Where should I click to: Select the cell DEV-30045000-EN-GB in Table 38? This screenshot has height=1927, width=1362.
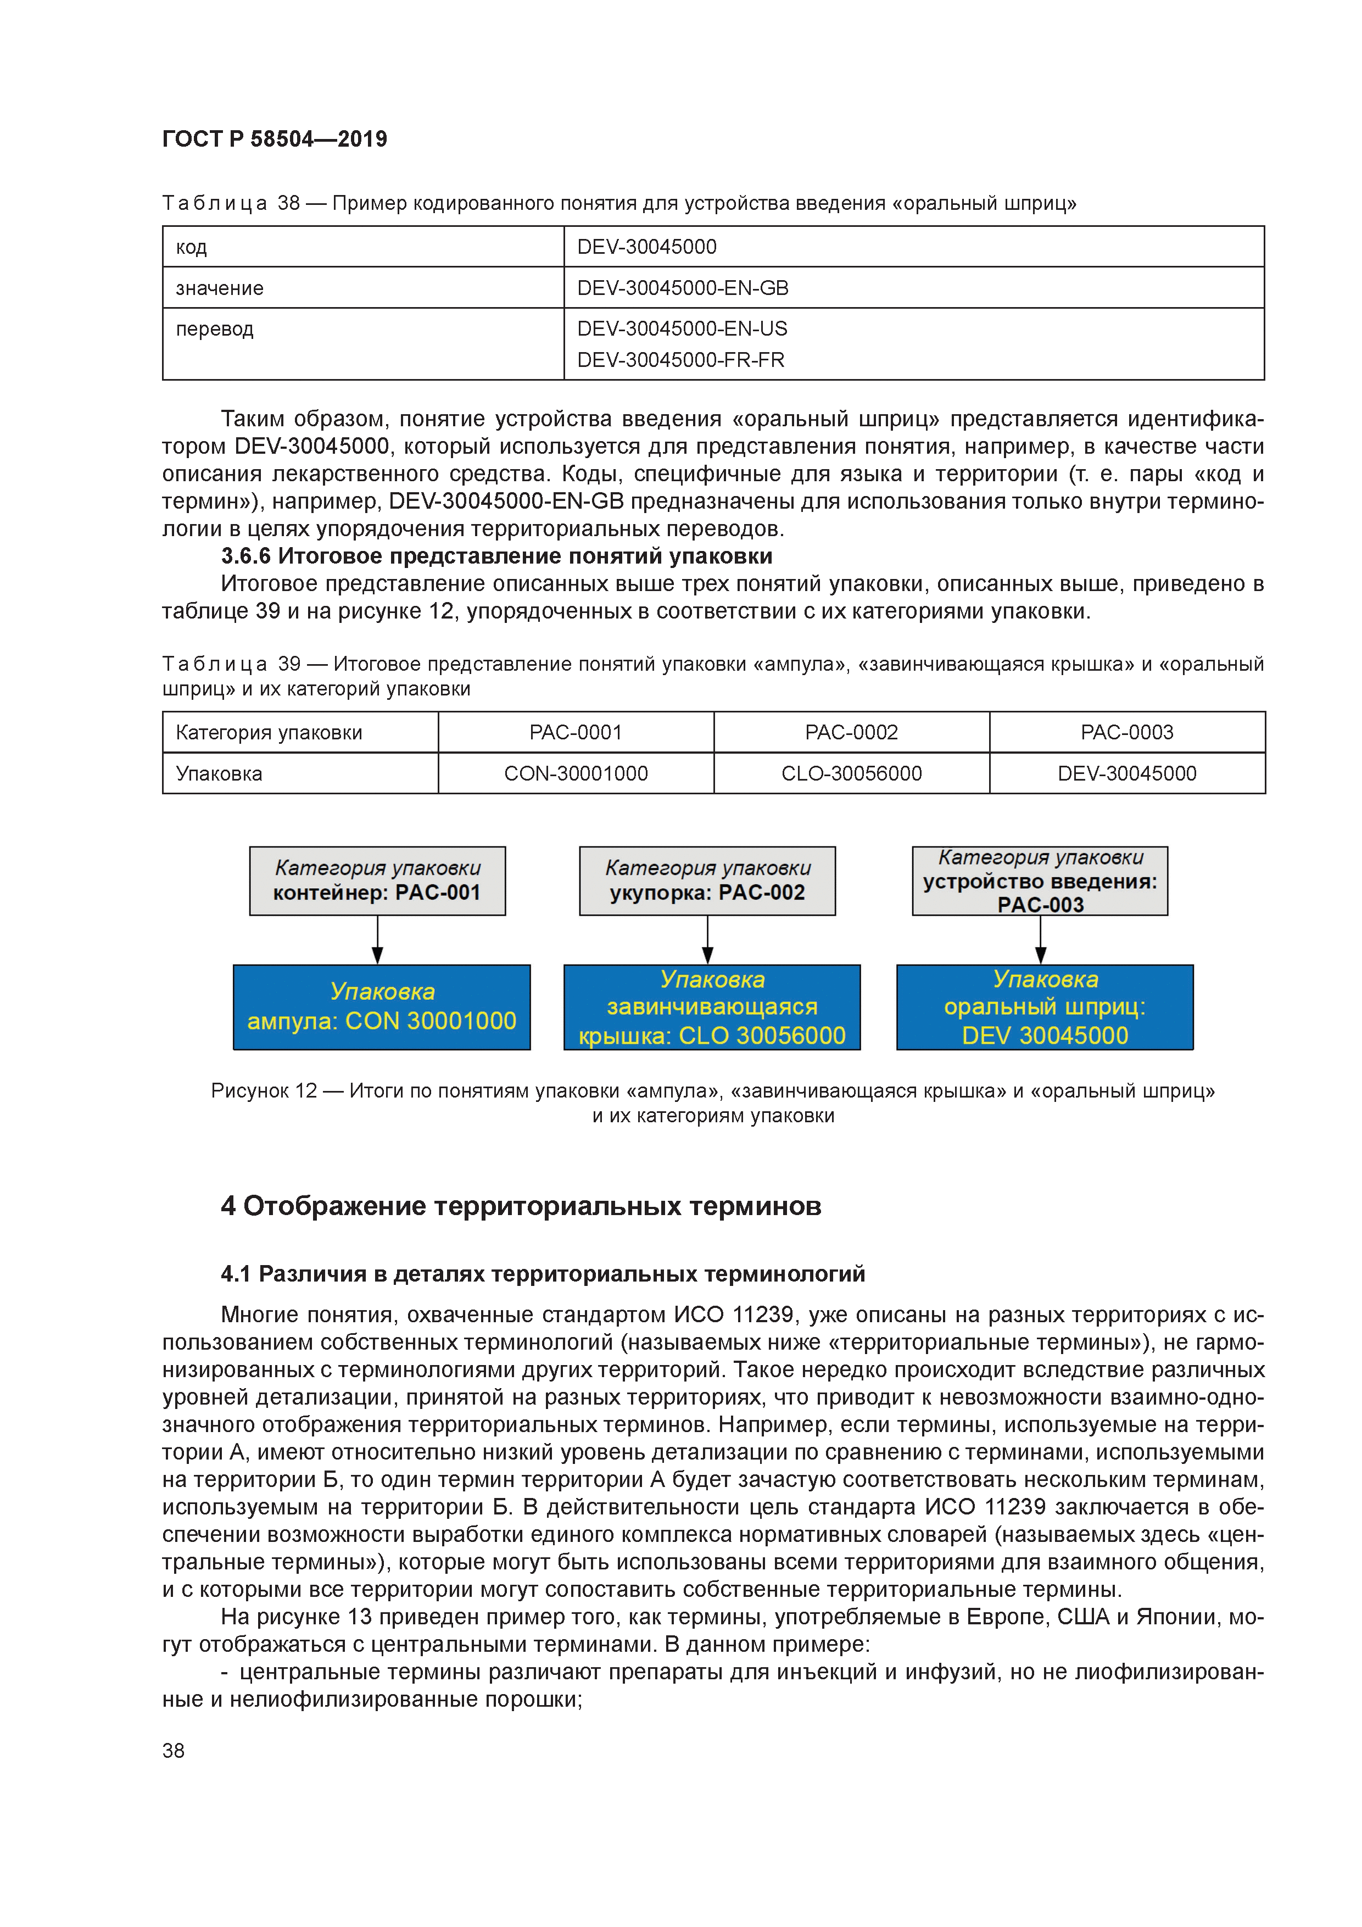[682, 288]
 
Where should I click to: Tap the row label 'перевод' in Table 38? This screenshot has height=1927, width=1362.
[214, 329]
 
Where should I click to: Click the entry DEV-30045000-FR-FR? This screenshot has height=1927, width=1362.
[680, 360]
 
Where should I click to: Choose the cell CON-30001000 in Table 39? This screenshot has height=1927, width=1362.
[576, 773]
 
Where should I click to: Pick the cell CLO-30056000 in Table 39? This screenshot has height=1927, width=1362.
[851, 773]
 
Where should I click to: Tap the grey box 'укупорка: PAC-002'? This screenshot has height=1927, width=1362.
[707, 881]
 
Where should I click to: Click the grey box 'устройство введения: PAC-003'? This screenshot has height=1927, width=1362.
[1040, 881]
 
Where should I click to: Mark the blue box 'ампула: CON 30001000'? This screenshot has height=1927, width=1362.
[381, 1007]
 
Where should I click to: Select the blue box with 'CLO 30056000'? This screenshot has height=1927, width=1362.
[712, 1007]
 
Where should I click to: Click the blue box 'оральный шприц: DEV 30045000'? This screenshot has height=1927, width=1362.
[1045, 1007]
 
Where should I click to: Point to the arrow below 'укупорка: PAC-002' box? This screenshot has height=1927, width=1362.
[707, 940]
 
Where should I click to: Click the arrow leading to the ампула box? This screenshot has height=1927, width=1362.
[378, 940]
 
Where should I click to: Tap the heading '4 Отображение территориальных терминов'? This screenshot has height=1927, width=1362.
[520, 1206]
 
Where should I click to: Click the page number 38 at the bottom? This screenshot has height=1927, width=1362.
[174, 1751]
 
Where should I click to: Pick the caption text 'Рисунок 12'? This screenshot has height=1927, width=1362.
[264, 1090]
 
